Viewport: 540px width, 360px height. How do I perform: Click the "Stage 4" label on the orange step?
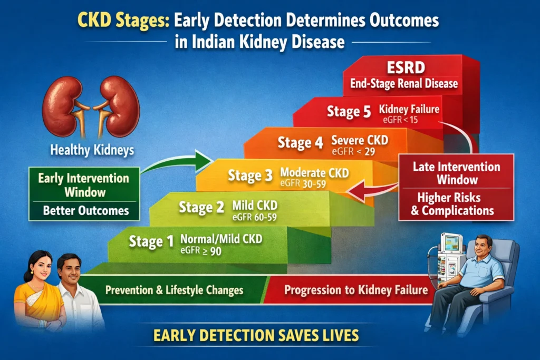point(300,143)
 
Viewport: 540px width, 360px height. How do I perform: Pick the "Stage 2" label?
point(201,207)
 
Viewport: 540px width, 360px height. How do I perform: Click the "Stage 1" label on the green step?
point(151,241)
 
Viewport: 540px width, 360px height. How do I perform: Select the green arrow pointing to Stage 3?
point(179,161)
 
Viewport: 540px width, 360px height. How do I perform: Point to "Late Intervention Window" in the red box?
point(456,173)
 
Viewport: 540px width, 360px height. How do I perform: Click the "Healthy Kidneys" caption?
point(92,150)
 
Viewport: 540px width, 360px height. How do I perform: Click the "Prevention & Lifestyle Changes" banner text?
point(174,290)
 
